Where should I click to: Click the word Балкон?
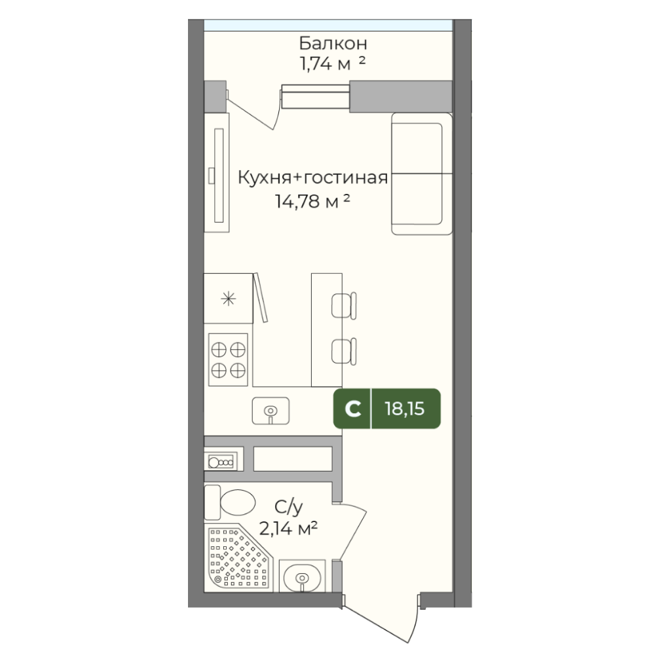333,43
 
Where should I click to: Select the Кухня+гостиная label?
313,178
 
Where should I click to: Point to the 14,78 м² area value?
312,201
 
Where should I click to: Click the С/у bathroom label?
288,507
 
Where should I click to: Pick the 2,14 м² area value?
288,529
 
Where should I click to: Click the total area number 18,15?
404,409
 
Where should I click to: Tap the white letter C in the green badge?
353,409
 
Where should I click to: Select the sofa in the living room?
422,174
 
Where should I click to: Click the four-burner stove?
228,360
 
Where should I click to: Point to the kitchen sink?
271,411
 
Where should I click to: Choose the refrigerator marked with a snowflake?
229,298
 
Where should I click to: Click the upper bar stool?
344,306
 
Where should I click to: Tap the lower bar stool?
344,352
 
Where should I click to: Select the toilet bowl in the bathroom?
230,502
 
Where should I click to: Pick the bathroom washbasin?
302,577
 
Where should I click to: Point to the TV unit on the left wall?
216,172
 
